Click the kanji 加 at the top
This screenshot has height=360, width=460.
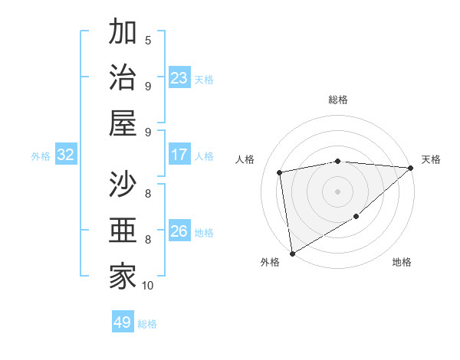click(123, 33)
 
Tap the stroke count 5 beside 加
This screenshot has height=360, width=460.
click(148, 41)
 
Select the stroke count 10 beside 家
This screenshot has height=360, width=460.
click(148, 286)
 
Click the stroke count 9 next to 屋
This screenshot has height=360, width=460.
click(148, 133)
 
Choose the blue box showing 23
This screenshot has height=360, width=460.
click(179, 78)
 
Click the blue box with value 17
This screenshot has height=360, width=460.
click(179, 155)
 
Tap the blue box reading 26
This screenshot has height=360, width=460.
click(179, 231)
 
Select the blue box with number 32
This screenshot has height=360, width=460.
click(65, 155)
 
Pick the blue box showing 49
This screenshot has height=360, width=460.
click(123, 322)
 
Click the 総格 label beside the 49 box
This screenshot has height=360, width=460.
click(147, 324)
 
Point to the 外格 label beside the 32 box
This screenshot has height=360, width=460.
click(41, 156)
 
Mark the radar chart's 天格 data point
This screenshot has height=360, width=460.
click(411, 169)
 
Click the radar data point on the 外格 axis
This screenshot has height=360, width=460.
click(292, 254)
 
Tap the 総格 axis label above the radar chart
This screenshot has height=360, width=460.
click(337, 100)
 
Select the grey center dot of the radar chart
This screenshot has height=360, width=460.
click(337, 191)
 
